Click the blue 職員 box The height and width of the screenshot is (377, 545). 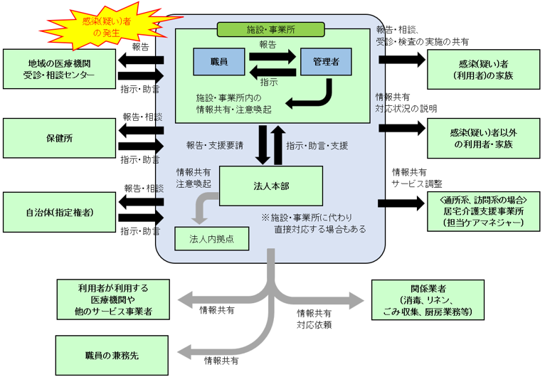pyautogui.click(x=219, y=62)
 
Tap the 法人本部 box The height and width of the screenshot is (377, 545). pyautogui.click(x=271, y=186)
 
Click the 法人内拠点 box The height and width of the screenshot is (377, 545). pyautogui.click(x=212, y=238)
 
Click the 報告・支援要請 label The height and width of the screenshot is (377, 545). pyautogui.click(x=215, y=146)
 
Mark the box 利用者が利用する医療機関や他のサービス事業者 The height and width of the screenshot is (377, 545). pyautogui.click(x=113, y=299)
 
